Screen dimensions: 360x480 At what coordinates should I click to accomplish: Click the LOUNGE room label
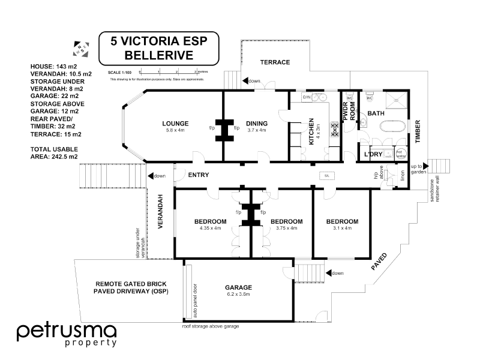pos(175,124)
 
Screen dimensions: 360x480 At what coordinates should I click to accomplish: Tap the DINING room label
pos(256,124)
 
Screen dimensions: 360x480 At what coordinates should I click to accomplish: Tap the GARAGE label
pos(238,287)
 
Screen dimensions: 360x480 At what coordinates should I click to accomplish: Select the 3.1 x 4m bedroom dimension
pos(342,228)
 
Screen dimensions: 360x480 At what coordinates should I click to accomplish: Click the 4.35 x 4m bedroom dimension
pos(210,228)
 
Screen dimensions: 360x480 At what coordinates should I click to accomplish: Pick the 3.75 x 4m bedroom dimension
pos(286,228)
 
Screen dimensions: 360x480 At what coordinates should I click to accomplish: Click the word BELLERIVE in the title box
pos(158,55)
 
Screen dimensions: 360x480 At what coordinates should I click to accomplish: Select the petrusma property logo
pos(66,335)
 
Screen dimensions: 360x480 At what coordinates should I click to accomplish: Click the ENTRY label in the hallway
pos(198,175)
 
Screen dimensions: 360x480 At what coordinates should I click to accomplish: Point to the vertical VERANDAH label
pos(160,211)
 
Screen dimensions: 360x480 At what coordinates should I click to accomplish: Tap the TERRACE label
pos(275,62)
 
